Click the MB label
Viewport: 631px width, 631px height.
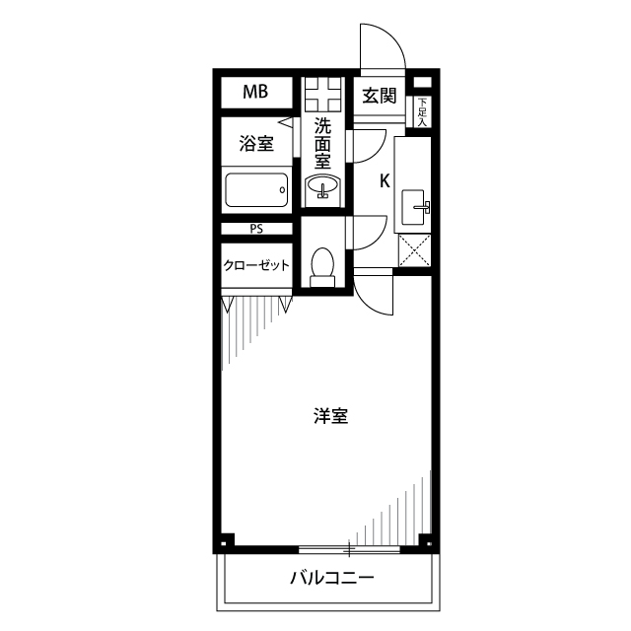[x=255, y=94]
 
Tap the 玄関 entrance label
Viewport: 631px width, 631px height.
[x=379, y=96]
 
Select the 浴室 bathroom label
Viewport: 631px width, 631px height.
[x=255, y=145]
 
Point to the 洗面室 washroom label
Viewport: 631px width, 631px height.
[x=323, y=145]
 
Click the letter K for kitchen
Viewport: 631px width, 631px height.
[x=385, y=180]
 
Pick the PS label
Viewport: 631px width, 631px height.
[x=255, y=229]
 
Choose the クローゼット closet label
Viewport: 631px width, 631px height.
[x=255, y=265]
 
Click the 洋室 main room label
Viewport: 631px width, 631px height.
[x=330, y=415]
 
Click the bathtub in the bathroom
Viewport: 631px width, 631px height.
[x=255, y=189]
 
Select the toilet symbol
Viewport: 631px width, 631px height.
[x=322, y=267]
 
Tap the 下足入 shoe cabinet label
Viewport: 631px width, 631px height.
[x=422, y=112]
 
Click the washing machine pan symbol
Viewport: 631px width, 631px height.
[x=322, y=97]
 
